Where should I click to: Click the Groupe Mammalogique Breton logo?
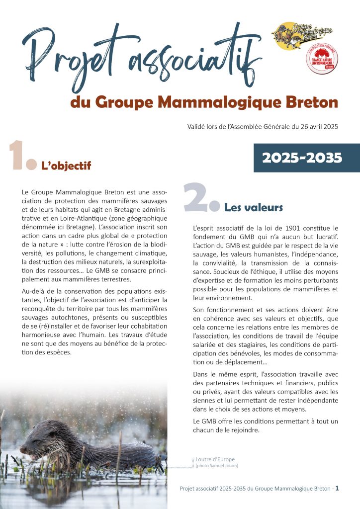tap(301, 34)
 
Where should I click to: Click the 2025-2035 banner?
tap(302, 158)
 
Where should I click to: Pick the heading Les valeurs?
tap(254, 207)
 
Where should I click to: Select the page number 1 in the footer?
tap(337, 489)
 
